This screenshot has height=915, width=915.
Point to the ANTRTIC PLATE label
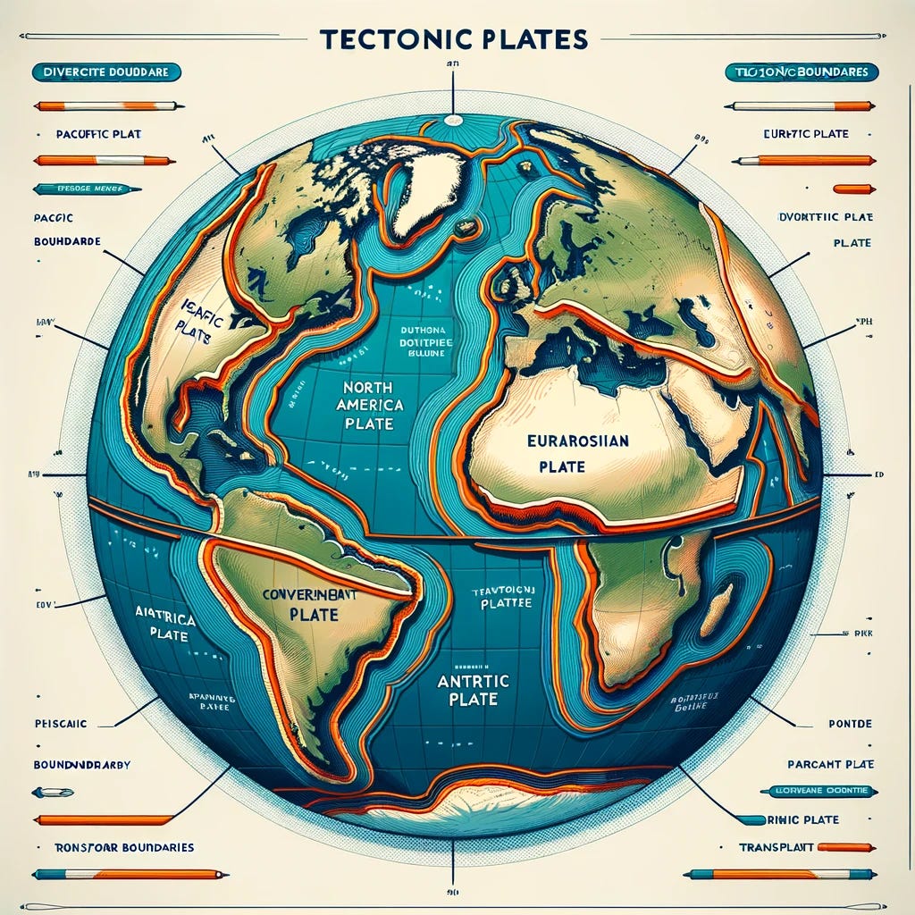(463, 688)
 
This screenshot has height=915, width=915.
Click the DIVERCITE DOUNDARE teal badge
(105, 71)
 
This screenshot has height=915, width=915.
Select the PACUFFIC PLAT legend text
(98, 134)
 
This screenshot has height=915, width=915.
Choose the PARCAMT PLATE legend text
(830, 765)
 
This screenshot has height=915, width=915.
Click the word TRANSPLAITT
(776, 847)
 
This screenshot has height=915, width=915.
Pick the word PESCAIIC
(61, 724)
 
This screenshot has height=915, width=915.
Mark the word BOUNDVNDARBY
(82, 765)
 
